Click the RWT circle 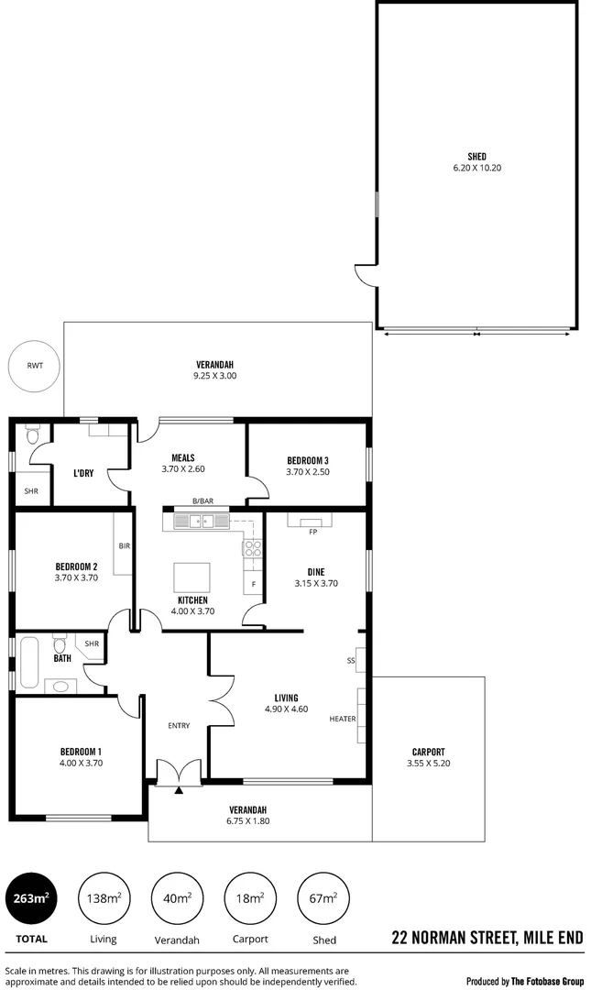34,366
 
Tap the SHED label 476,157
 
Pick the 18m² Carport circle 251,899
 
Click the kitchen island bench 192,577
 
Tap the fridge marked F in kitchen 253,584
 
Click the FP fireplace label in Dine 312,532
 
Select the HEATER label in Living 343,720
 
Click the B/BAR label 202,501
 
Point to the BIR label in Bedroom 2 124,546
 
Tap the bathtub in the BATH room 28,665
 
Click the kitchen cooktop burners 252,549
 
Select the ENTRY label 179,726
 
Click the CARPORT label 428,752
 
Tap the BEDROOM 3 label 307,460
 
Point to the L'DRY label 84,473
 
